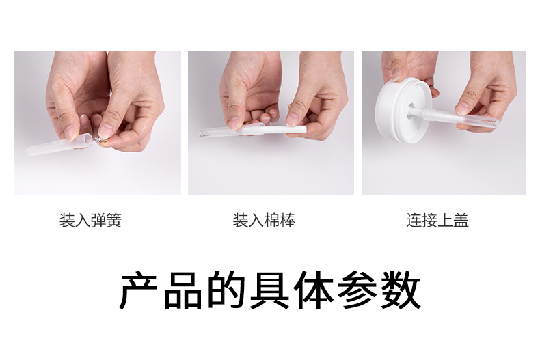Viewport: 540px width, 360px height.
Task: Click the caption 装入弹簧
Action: click(x=91, y=220)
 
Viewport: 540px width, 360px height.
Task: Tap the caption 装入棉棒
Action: click(x=264, y=220)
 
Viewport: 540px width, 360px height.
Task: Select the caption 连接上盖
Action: click(x=437, y=220)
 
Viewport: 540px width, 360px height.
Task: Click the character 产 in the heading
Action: click(x=139, y=290)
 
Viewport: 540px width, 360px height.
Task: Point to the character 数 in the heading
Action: click(x=401, y=290)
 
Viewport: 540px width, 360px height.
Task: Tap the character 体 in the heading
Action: click(x=314, y=290)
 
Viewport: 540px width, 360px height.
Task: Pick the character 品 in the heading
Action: click(x=183, y=290)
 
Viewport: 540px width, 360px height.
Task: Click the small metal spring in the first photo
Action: click(x=99, y=140)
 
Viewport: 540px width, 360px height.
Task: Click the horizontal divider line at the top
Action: click(x=270, y=12)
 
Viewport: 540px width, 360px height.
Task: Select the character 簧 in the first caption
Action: click(x=114, y=220)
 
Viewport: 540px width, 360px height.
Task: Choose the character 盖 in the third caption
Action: click(x=461, y=220)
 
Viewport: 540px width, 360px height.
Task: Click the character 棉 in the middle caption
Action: click(x=272, y=220)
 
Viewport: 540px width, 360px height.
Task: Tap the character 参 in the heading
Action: click(x=357, y=290)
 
